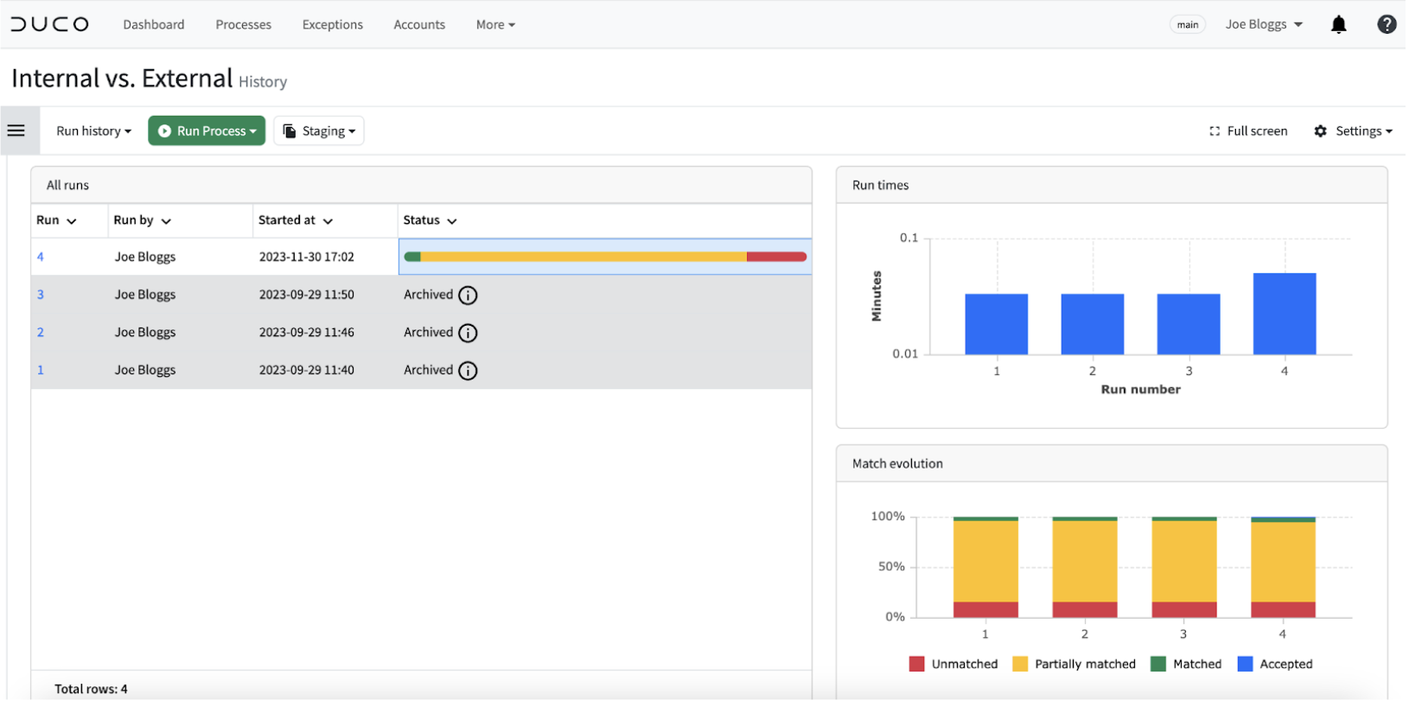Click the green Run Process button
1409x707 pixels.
pyautogui.click(x=207, y=131)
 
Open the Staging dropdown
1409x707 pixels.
pyautogui.click(x=319, y=131)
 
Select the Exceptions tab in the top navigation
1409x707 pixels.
pyautogui.click(x=332, y=24)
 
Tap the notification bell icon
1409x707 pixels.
pyautogui.click(x=1338, y=24)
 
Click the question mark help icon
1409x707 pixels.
pyautogui.click(x=1387, y=24)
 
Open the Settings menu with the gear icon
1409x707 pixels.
pyautogui.click(x=1353, y=131)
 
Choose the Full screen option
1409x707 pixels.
pyautogui.click(x=1248, y=131)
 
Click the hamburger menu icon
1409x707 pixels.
pyautogui.click(x=16, y=131)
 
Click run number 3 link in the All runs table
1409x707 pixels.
pyautogui.click(x=41, y=295)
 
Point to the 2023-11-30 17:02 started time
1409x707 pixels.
pyautogui.click(x=306, y=257)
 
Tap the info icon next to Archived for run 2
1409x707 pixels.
pyautogui.click(x=468, y=333)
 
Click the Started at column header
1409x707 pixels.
pyautogui.click(x=295, y=220)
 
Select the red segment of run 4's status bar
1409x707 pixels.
pyautogui.click(x=776, y=257)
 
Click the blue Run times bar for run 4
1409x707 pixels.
pyautogui.click(x=1285, y=314)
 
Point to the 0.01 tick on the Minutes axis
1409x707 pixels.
pyautogui.click(x=905, y=354)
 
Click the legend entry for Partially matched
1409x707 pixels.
pyautogui.click(x=1074, y=665)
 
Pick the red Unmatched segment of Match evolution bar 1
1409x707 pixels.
pyautogui.click(x=985, y=609)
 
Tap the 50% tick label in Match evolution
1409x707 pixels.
pyautogui.click(x=891, y=567)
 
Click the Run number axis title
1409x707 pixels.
pyautogui.click(x=1140, y=389)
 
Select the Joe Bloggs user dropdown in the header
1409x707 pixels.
pyautogui.click(x=1263, y=24)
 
